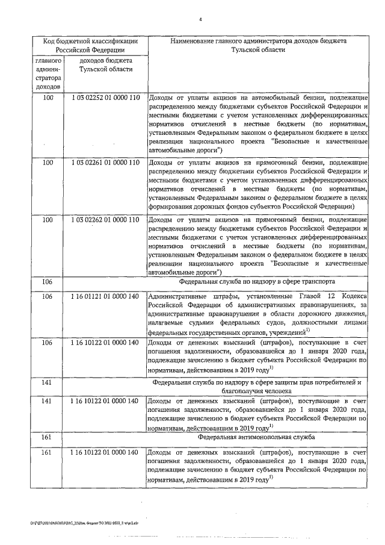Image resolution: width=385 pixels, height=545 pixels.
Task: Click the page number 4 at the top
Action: (200, 19)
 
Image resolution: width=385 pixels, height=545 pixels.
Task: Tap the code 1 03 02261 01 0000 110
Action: (105, 163)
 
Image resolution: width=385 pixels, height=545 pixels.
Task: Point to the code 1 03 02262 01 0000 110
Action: (105, 219)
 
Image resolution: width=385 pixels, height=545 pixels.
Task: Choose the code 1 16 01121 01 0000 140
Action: (105, 296)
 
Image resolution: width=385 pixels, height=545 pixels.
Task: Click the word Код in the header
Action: (52, 42)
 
